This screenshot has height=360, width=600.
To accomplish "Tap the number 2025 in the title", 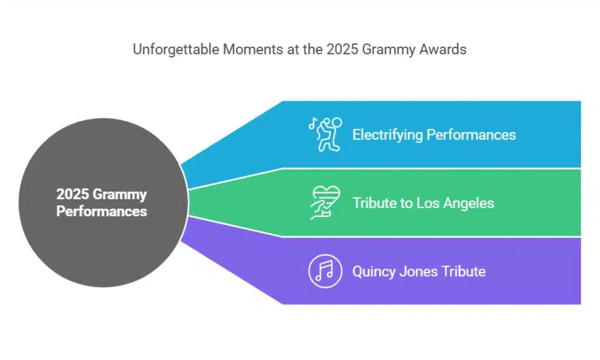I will pyautogui.click(x=340, y=50).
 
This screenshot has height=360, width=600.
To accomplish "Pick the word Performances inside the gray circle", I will pyautogui.click(x=101, y=210).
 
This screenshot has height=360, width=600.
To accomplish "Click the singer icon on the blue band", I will pyautogui.click(x=325, y=134).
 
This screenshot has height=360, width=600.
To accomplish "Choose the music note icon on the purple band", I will pyautogui.click(x=325, y=271).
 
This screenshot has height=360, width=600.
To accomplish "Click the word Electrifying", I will pyautogui.click(x=387, y=135).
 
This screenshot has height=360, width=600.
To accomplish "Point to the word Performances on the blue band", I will pyautogui.click(x=471, y=135).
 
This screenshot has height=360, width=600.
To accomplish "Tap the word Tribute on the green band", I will pyautogui.click(x=373, y=203).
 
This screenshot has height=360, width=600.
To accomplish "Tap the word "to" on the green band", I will pyautogui.click(x=405, y=203).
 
